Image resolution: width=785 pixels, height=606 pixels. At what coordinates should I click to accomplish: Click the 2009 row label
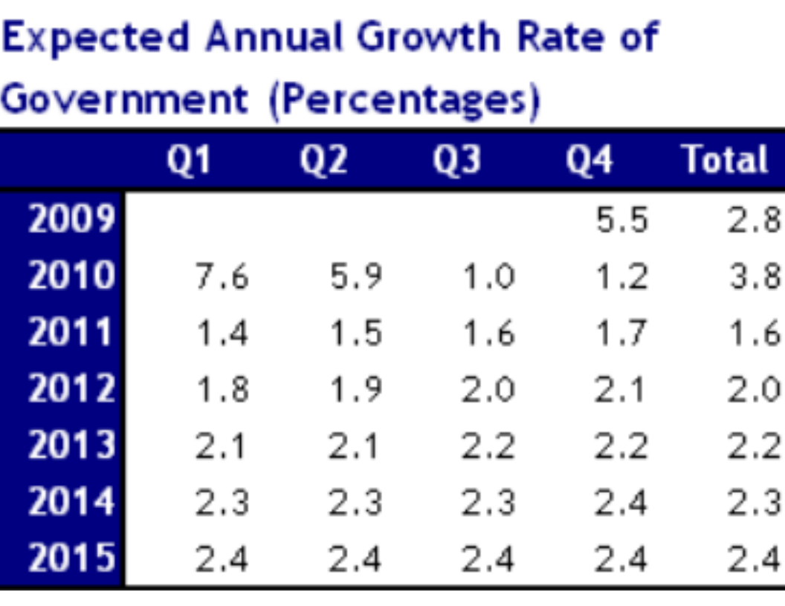click(x=71, y=219)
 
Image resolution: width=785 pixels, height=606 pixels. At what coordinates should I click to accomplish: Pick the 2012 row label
click(x=71, y=389)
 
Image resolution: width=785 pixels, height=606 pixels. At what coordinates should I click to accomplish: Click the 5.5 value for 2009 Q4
click(x=621, y=221)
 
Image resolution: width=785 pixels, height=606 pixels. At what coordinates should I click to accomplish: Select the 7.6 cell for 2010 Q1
click(x=222, y=278)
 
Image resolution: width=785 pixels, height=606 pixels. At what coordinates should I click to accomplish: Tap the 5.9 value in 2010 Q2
click(x=355, y=278)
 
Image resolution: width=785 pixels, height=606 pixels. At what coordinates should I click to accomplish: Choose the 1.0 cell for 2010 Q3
click(x=488, y=278)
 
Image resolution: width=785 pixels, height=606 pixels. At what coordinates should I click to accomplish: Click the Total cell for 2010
click(x=755, y=278)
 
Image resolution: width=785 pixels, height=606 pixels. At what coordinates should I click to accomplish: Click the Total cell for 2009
click(x=755, y=221)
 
